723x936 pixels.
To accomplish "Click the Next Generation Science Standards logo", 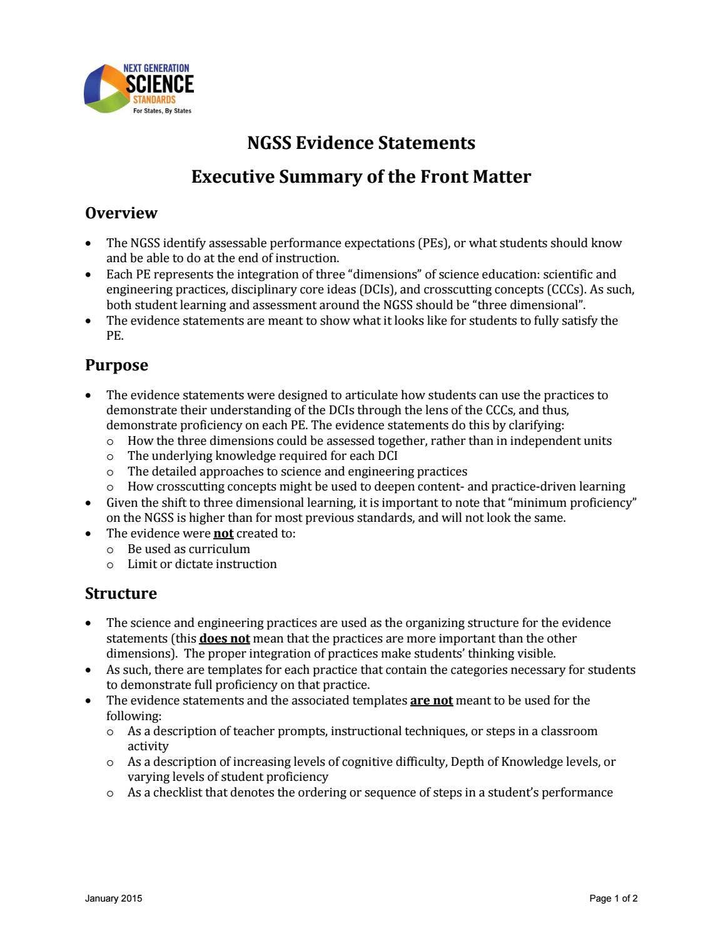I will [x=139, y=88].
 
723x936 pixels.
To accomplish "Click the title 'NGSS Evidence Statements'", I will [x=361, y=143].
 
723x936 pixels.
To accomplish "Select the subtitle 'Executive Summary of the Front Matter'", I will [x=361, y=177].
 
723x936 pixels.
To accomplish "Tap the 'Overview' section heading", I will [x=121, y=213].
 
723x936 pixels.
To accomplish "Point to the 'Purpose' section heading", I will [x=116, y=365].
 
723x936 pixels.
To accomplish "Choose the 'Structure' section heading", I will [x=121, y=593].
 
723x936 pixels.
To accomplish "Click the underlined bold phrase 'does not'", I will [x=224, y=639].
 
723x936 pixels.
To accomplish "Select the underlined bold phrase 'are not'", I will [x=431, y=700].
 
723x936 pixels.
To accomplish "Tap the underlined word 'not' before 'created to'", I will [x=223, y=534].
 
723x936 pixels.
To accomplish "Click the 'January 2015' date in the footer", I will [x=113, y=898].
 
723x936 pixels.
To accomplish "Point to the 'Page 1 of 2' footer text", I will [x=613, y=898].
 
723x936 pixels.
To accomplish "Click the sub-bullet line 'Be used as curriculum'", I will [x=188, y=549].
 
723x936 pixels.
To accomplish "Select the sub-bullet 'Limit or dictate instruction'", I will [x=202, y=564].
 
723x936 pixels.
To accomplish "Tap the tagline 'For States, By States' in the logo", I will [x=162, y=111].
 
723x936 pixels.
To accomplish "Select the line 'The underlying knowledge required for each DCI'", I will [x=262, y=456].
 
